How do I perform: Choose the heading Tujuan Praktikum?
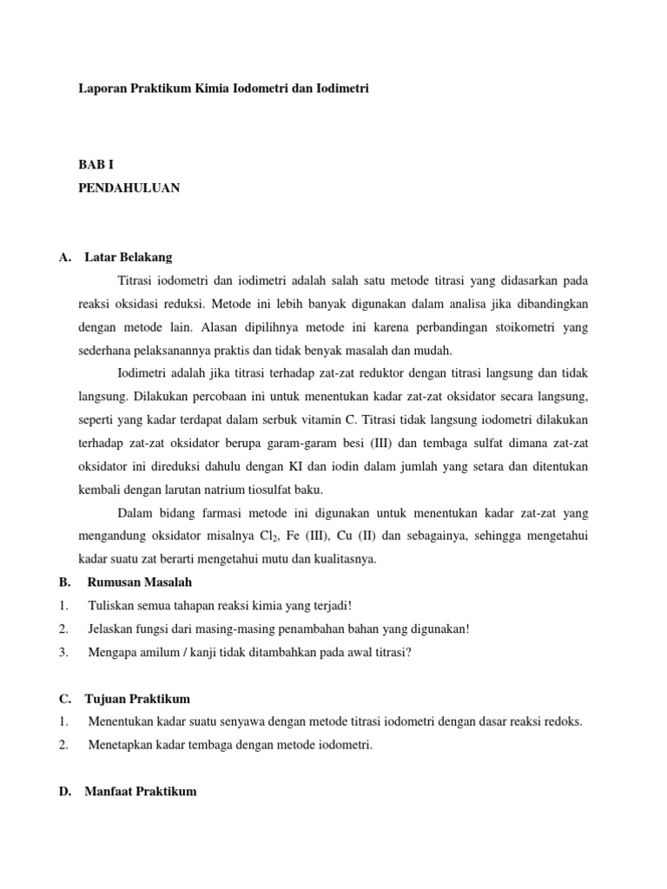tap(137, 698)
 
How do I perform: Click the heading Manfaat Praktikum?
tap(141, 791)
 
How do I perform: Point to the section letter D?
tap(63, 791)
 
